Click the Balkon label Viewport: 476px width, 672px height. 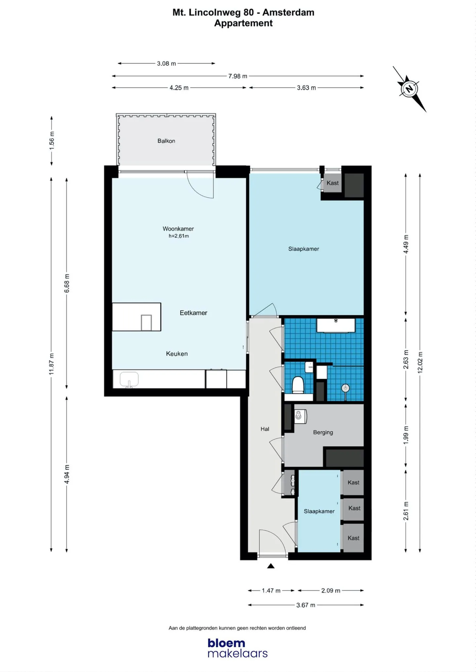[x=166, y=141]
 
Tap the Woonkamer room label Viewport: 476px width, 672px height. [x=178, y=229]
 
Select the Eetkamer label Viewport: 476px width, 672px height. [x=193, y=313]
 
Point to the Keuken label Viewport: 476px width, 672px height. [x=177, y=354]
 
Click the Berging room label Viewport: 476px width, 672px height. [x=323, y=433]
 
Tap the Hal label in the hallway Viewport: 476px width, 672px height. [x=265, y=429]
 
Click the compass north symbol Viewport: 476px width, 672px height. [x=410, y=89]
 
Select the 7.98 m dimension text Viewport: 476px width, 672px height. [x=238, y=76]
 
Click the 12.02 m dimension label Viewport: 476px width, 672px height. [x=420, y=363]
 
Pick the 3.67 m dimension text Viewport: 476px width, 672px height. [x=306, y=605]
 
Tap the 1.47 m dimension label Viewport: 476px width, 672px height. [x=271, y=591]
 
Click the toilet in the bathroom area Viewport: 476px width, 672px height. [x=298, y=385]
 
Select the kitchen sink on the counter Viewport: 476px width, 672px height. [x=129, y=380]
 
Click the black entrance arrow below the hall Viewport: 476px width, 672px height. [x=271, y=566]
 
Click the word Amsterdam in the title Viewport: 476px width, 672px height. [x=288, y=13]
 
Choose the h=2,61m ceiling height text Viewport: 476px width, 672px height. [x=179, y=236]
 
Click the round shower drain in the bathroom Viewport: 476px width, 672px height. [x=345, y=388]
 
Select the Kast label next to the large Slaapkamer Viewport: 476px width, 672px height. [x=333, y=183]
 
